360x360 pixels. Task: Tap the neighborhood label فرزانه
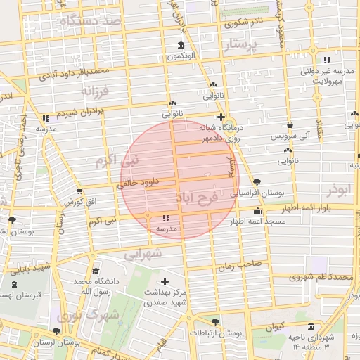pos(96,91)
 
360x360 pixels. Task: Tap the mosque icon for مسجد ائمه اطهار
pos(257,211)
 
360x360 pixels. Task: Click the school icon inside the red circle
pos(165,219)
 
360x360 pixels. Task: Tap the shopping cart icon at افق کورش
pos(79,190)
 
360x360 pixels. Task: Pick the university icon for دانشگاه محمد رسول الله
pos(91,270)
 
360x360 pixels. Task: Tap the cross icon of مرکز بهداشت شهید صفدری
pos(165,281)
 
